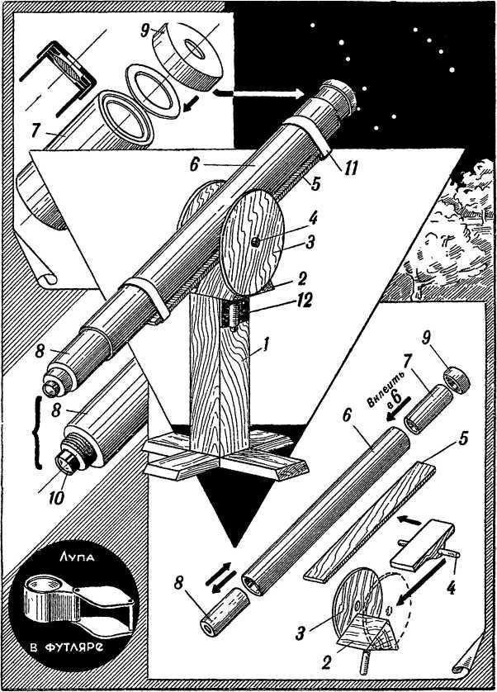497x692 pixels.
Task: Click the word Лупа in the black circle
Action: [77, 558]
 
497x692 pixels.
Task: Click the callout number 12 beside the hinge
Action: [303, 301]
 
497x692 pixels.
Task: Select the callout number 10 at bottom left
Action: [56, 496]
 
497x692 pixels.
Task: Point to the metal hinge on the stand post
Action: [235, 315]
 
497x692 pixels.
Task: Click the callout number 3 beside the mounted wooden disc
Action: [310, 242]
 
